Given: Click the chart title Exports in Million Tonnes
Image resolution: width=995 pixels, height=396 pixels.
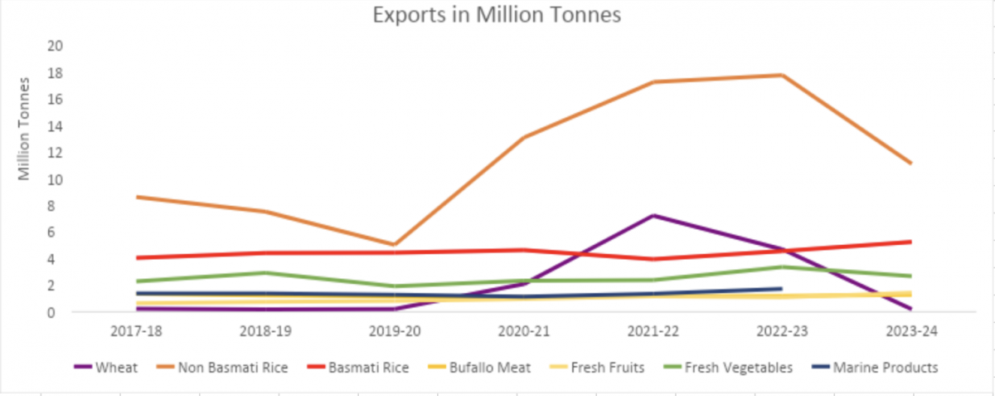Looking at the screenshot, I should (x=496, y=16).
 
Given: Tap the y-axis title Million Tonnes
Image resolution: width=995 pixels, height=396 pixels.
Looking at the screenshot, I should (x=25, y=129).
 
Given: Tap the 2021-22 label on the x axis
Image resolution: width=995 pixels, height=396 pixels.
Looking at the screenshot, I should (x=653, y=330).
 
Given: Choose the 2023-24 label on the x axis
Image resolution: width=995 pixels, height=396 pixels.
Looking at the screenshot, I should (x=911, y=330).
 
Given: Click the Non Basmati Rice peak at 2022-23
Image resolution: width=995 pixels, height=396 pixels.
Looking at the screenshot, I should (x=783, y=76).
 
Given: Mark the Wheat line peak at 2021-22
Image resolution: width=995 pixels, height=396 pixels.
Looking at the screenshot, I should (x=653, y=216).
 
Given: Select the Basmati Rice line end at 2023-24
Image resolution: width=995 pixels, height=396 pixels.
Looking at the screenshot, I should (x=911, y=242).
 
